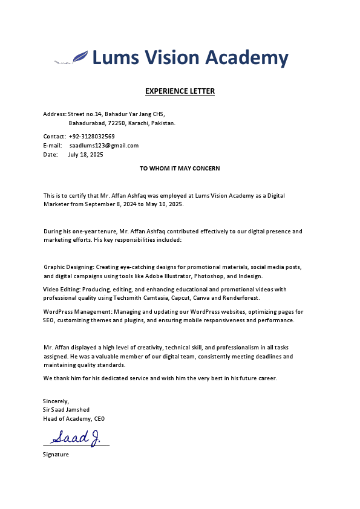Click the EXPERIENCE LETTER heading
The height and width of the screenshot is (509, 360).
click(180, 91)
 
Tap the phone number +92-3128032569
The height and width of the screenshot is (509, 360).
click(92, 137)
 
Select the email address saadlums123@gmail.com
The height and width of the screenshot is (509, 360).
click(104, 146)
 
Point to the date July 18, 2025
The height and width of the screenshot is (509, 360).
click(85, 155)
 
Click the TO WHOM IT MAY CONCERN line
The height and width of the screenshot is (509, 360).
click(180, 169)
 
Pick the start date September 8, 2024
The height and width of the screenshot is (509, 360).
click(109, 204)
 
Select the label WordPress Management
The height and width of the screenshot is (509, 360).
click(73, 312)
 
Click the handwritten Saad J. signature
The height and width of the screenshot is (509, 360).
click(76, 437)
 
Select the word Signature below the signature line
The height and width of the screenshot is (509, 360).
click(56, 454)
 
